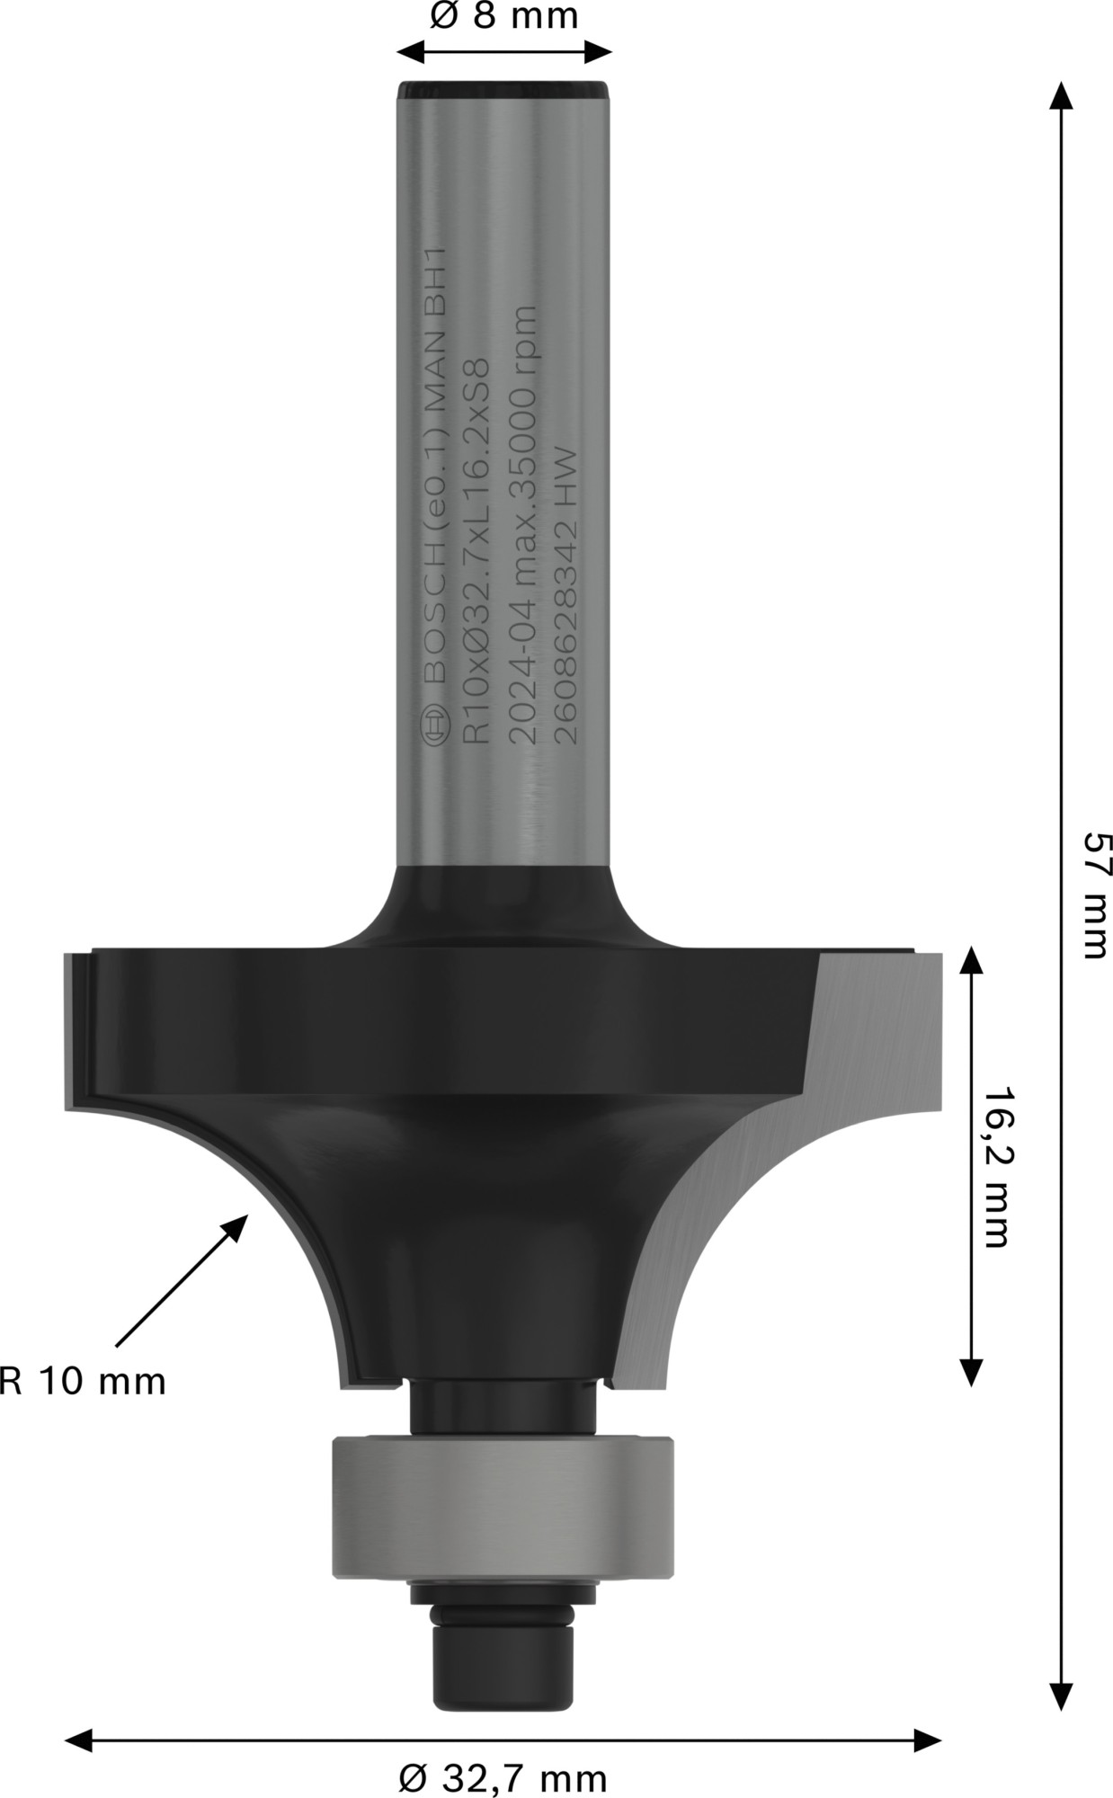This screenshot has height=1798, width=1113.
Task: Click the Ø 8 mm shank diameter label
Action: tap(504, 16)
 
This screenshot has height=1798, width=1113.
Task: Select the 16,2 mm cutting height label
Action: tap(996, 1169)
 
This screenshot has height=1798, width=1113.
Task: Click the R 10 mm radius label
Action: tap(83, 1381)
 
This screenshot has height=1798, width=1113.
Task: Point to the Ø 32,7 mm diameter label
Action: tap(503, 1778)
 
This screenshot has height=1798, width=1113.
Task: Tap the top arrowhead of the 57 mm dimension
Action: tap(1062, 95)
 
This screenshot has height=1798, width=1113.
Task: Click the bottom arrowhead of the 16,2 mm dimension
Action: tap(970, 1370)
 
